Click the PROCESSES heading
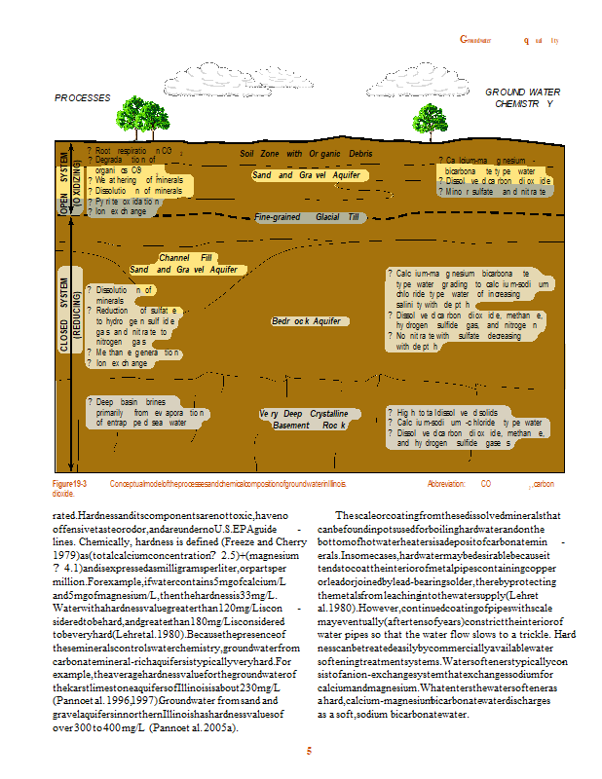tap(81, 98)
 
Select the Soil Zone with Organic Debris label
tap(306, 154)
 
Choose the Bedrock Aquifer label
tap(306, 320)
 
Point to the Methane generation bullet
tap(133, 352)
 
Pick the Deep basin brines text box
tap(145, 413)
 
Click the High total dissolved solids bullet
tap(444, 412)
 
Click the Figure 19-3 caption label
tap(70, 483)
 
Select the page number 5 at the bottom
tap(309, 751)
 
